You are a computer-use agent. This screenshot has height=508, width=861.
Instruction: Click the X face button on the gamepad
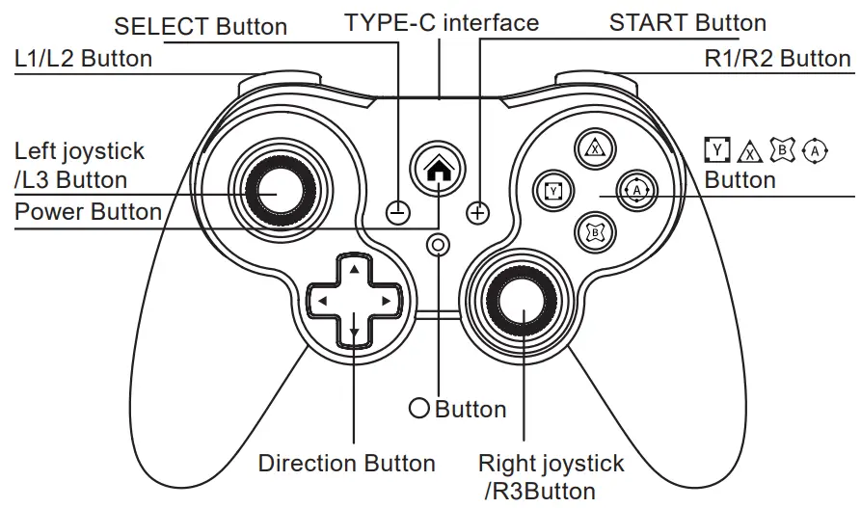coord(596,149)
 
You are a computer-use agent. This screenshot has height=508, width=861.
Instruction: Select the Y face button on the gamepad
coord(553,190)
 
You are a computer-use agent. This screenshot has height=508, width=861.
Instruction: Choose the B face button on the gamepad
coord(596,231)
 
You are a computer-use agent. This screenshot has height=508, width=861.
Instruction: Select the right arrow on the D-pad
coord(387,302)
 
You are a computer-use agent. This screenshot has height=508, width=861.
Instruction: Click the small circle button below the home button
coord(440,245)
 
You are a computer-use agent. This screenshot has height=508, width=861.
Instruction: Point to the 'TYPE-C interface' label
coord(442,22)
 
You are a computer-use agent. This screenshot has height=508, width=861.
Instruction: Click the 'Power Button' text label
coord(89,212)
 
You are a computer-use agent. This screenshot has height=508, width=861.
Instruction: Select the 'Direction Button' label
coord(346,464)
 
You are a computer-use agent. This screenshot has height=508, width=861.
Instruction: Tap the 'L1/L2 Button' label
coord(83,58)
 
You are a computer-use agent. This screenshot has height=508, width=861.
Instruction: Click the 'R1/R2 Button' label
coord(777,58)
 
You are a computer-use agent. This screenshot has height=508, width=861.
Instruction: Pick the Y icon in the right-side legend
coord(717,149)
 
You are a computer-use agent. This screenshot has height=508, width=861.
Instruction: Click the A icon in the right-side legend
coord(816,149)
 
